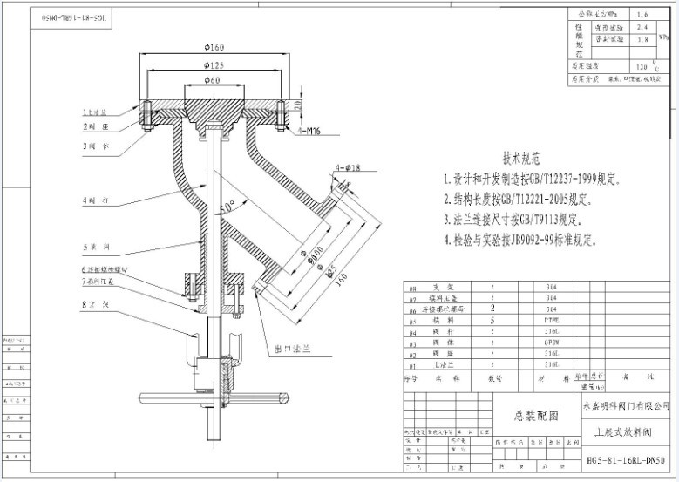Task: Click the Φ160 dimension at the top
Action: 214,45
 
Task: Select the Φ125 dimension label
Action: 214,65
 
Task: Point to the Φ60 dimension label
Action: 214,82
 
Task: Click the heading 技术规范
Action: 521,160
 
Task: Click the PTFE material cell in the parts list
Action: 550,321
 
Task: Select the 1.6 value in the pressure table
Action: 642,15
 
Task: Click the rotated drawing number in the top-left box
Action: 75,17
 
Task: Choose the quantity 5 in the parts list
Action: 494,321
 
